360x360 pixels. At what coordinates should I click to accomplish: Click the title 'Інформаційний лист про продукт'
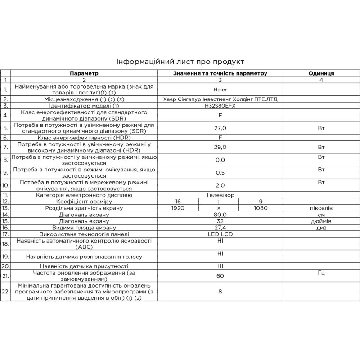tap(180, 62)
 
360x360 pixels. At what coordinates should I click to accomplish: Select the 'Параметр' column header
tap(84, 73)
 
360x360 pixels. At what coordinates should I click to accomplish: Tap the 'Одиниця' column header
tap(321, 73)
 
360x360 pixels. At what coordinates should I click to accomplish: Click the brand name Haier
tap(220, 89)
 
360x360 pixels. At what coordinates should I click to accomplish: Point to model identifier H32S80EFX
tap(220, 106)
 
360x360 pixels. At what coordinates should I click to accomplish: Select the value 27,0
tap(220, 128)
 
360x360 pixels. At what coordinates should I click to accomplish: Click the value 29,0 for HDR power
tap(220, 147)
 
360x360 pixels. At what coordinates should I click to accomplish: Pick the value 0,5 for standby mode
tap(220, 172)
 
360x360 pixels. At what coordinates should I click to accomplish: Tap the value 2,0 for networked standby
tap(220, 185)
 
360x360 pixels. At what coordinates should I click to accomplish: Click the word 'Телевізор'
tap(220, 195)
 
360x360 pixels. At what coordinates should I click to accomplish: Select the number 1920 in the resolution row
tap(179, 208)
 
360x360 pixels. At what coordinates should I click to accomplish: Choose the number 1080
tap(261, 208)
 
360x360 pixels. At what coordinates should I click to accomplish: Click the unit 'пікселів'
tap(321, 208)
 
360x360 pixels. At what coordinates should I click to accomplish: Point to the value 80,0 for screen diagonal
tap(220, 215)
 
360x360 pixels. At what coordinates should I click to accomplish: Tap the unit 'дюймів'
tap(321, 221)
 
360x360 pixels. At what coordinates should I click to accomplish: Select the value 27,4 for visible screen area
tap(220, 228)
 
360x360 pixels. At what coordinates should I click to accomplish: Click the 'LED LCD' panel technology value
tap(220, 234)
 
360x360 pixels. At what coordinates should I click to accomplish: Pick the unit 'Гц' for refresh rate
tap(321, 273)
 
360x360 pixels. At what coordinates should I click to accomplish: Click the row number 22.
tap(5, 292)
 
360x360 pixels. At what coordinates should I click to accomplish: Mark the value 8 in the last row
tap(220, 292)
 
